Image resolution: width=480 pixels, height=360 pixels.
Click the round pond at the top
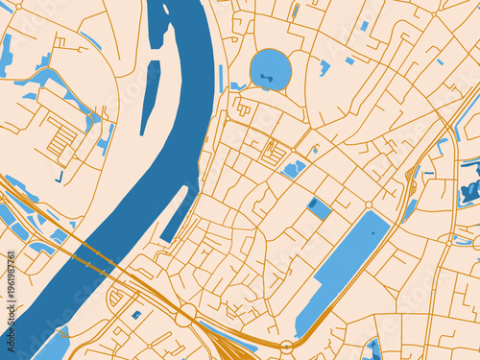(270, 70)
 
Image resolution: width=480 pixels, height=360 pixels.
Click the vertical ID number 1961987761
(11, 288)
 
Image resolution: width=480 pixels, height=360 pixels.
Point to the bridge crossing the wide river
(91, 253)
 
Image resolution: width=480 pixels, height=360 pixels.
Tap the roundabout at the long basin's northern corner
(369, 205)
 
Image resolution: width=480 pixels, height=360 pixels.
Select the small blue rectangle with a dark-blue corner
(320, 208)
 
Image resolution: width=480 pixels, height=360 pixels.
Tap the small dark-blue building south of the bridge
(136, 314)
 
